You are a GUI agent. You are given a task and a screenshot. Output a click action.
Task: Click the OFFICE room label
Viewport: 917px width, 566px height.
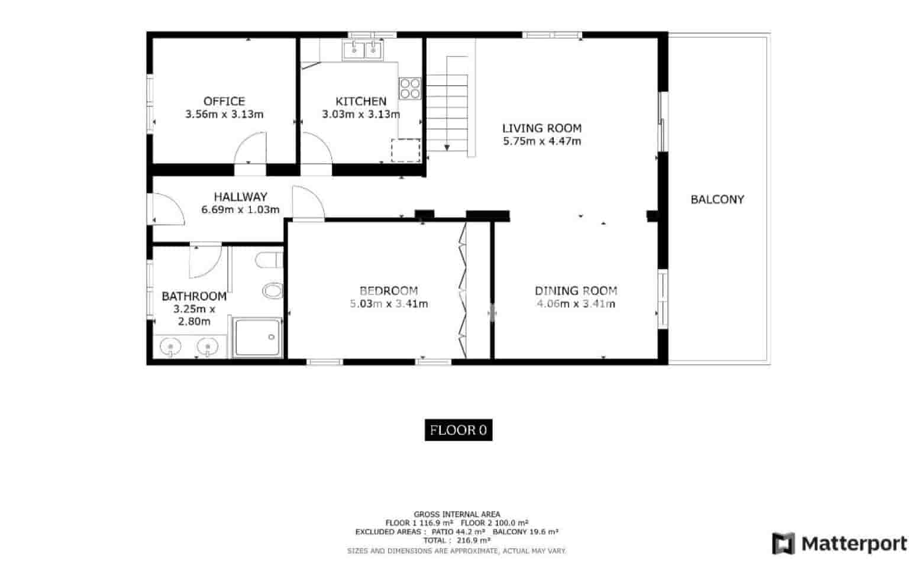click(224, 101)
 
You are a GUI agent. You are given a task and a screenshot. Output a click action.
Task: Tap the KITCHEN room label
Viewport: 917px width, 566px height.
click(361, 101)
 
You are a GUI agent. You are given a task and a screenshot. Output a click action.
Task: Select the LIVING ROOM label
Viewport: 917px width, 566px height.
click(542, 128)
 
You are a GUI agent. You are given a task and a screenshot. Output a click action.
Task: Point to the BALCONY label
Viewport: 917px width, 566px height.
click(717, 199)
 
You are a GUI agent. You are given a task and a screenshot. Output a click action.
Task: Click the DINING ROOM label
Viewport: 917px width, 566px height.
click(576, 290)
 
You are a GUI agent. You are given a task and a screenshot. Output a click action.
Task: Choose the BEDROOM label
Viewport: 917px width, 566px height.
click(389, 290)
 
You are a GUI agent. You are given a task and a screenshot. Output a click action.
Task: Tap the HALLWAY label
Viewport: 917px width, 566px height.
click(240, 196)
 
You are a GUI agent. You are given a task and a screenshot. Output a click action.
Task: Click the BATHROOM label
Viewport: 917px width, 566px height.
click(194, 296)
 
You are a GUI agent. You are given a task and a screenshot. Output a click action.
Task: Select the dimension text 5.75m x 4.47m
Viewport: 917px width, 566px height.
click(542, 141)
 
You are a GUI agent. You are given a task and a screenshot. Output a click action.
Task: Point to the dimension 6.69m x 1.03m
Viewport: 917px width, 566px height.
click(240, 209)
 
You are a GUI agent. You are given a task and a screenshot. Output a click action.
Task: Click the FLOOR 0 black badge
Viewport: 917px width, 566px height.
click(458, 430)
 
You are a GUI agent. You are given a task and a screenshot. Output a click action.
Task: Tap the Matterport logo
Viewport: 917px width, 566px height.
click(839, 544)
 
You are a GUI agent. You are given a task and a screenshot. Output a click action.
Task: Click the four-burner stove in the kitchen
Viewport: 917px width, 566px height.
click(410, 89)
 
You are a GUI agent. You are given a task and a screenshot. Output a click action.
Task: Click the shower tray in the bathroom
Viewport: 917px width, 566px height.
click(257, 337)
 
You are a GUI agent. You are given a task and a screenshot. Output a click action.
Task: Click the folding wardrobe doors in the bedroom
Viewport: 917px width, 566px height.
click(463, 290)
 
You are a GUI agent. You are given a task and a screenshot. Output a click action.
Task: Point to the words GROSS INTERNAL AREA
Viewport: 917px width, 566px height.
click(457, 514)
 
